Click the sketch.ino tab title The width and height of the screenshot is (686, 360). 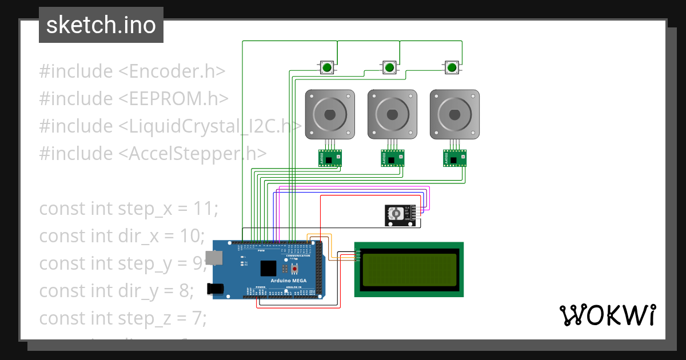click(101, 25)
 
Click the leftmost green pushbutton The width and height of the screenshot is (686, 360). click(327, 68)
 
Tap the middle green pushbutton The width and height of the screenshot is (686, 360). click(389, 68)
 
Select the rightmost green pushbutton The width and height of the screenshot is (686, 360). click(452, 68)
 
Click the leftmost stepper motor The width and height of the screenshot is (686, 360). click(330, 114)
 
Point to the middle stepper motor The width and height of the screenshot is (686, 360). click(392, 114)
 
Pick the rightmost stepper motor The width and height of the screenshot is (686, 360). click(455, 114)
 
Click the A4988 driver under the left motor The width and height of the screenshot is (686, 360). click(330, 158)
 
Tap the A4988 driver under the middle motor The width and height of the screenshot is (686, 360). click(393, 158)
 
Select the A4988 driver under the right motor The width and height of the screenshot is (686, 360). click(455, 158)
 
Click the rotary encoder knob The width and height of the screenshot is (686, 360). click(394, 214)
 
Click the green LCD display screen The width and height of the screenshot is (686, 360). click(409, 269)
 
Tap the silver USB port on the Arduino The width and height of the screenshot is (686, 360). click(214, 258)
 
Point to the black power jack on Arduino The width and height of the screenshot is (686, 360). click(216, 289)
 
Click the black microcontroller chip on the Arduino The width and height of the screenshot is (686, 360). click(268, 269)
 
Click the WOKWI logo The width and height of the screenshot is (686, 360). click(607, 315)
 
